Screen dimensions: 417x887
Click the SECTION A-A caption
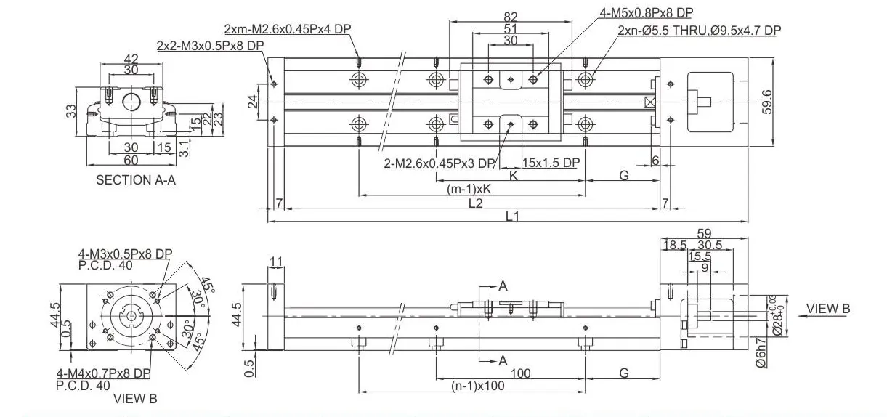(136, 180)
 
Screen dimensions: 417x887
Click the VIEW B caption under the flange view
(135, 398)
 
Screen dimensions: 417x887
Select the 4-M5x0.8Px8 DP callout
(647, 13)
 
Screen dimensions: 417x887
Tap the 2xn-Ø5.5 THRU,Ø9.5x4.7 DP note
(699, 31)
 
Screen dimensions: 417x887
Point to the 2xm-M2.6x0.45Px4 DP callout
(287, 29)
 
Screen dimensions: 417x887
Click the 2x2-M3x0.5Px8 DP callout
(210, 45)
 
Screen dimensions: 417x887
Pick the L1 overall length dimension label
(511, 216)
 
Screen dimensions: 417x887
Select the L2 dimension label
(475, 203)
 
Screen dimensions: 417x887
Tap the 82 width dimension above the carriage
(511, 16)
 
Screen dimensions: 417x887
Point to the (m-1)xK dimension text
(469, 189)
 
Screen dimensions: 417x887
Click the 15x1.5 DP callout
(551, 163)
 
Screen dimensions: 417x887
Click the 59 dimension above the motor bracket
(703, 234)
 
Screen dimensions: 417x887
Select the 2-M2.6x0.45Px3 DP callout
(440, 163)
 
